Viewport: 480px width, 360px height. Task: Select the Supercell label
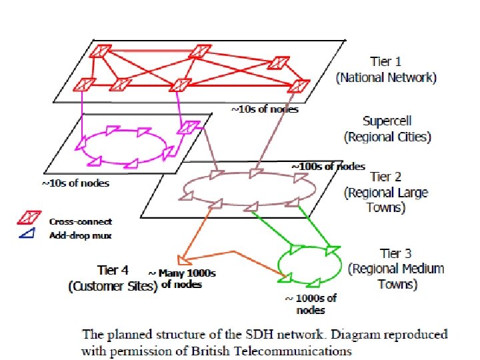click(x=387, y=121)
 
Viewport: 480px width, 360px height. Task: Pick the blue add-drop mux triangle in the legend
click(x=28, y=233)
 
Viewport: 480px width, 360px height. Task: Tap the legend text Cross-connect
click(x=80, y=221)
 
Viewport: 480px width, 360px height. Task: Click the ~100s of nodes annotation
click(x=328, y=166)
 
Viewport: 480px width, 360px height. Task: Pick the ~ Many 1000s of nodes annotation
click(x=181, y=279)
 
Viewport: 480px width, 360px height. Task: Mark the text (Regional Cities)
click(x=387, y=137)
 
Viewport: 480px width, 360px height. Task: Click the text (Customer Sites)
click(x=113, y=287)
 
